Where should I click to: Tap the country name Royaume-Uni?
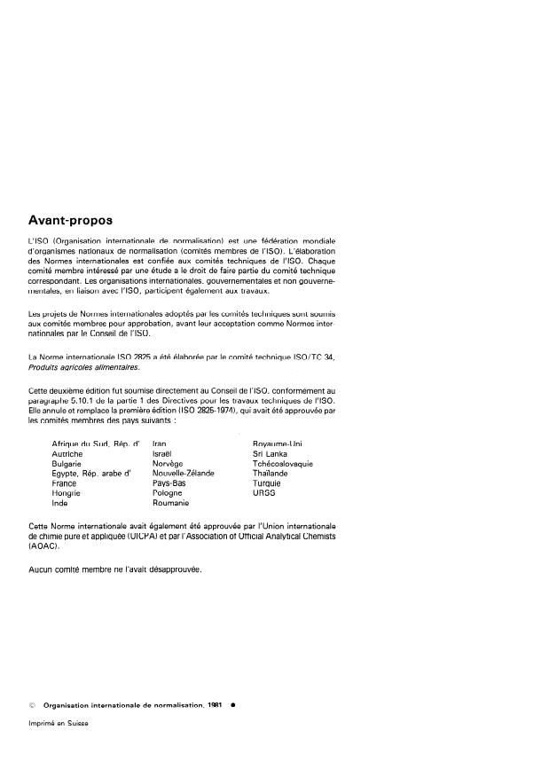point(278,443)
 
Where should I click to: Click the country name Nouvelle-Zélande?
point(183,474)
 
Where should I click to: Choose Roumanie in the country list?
point(170,503)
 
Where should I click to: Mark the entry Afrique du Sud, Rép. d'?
point(97,443)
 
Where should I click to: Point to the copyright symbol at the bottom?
point(33,704)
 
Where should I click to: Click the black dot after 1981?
point(231,704)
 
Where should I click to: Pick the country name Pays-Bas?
point(169,483)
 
